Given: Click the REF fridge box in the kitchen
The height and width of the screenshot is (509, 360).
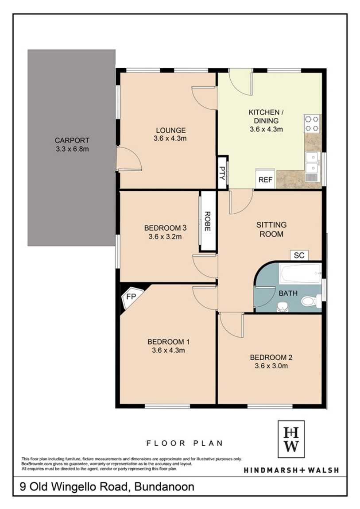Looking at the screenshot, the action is pyautogui.click(x=265, y=178).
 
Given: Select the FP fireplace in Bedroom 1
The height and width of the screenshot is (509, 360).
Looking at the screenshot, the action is pyautogui.click(x=131, y=297).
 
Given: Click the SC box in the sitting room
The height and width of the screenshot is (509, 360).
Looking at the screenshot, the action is pyautogui.click(x=299, y=255).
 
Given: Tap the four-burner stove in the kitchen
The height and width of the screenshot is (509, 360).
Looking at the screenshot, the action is pyautogui.click(x=312, y=123).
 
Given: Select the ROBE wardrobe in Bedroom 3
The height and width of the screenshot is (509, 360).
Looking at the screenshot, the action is pyautogui.click(x=208, y=221).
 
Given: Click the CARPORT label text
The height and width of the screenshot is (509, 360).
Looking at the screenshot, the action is pyautogui.click(x=72, y=141).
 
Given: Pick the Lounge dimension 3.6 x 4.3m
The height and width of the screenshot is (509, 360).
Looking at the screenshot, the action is pyautogui.click(x=170, y=139).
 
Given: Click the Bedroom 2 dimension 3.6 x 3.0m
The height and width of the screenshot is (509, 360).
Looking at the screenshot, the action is pyautogui.click(x=271, y=366).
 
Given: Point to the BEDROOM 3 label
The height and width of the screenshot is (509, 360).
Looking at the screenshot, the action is pyautogui.click(x=165, y=228).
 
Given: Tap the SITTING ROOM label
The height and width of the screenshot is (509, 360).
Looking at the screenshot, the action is pyautogui.click(x=271, y=229).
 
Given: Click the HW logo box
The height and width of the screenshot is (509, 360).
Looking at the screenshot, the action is pyautogui.click(x=291, y=439).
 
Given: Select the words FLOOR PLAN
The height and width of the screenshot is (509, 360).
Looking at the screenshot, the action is pyautogui.click(x=184, y=443).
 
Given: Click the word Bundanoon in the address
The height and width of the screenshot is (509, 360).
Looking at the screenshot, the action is pyautogui.click(x=164, y=487).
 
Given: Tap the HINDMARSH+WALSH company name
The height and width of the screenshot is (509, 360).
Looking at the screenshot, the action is pyautogui.click(x=291, y=470).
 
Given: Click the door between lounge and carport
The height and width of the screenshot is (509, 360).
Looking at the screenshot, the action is pyautogui.click(x=129, y=158).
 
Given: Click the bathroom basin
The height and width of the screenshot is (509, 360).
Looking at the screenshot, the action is pyautogui.click(x=283, y=306).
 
